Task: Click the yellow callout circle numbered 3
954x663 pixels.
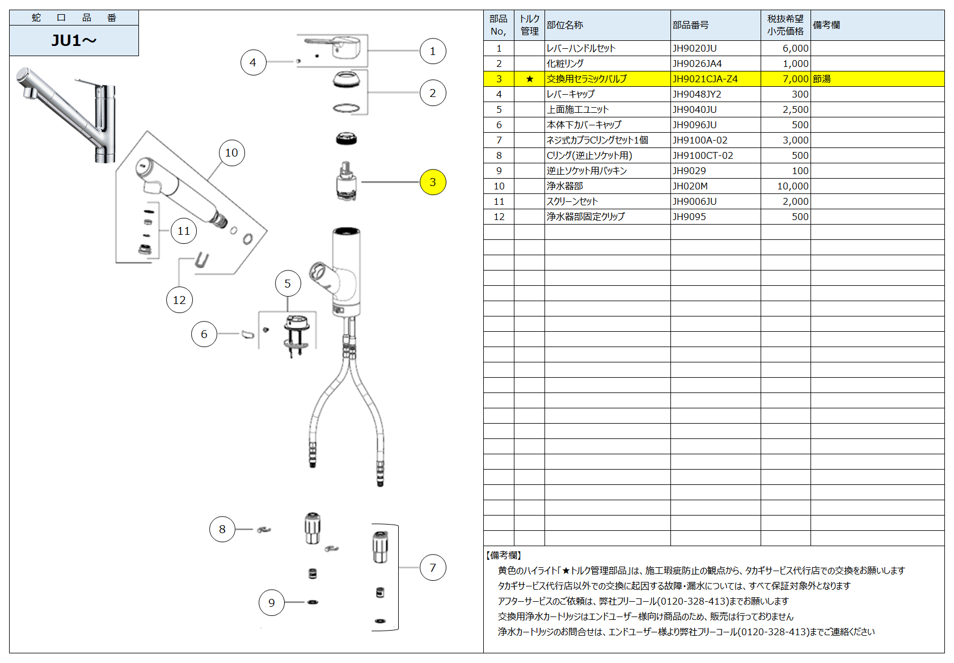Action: click(x=433, y=182)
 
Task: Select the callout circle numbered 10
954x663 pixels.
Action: click(x=231, y=153)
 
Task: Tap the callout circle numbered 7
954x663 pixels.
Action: click(x=433, y=567)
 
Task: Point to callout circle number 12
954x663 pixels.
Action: click(x=179, y=300)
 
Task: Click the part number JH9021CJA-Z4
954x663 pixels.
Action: click(x=705, y=79)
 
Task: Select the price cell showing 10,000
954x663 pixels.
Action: click(x=792, y=186)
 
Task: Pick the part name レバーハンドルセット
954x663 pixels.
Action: click(x=581, y=48)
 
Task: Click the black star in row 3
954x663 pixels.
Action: click(x=529, y=79)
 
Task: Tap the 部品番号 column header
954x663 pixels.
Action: click(x=690, y=25)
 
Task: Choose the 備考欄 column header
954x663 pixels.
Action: click(x=826, y=25)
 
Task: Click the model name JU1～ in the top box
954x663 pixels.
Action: click(x=74, y=40)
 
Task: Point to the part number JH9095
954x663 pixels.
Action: click(x=689, y=217)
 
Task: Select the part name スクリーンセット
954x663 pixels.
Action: click(x=572, y=201)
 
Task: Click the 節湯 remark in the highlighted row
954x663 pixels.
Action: click(x=821, y=79)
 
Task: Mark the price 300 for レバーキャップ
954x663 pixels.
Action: click(x=800, y=94)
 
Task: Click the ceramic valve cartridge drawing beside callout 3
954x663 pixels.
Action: click(x=346, y=181)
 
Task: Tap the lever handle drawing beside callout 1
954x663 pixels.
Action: click(x=332, y=48)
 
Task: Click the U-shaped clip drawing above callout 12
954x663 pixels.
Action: click(x=201, y=260)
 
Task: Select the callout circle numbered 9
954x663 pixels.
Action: click(x=272, y=602)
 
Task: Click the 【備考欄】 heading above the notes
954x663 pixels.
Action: click(x=504, y=555)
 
